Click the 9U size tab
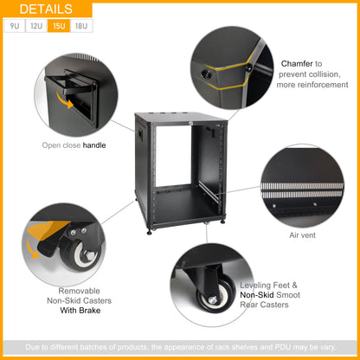pos(15,26)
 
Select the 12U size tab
pos(36,26)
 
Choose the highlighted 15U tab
pos(59,26)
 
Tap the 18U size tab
pos(81,26)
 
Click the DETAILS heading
pos(46,10)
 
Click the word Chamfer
pos(297,63)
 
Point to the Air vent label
pos(302,235)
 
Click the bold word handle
pos(94,145)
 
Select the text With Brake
pos(80,311)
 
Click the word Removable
pos(79,291)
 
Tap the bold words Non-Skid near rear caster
pos(257,295)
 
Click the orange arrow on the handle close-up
pos(65,100)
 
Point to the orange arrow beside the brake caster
pos(32,249)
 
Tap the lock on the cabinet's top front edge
pos(190,124)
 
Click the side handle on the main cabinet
pos(140,132)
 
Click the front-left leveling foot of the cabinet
pos(149,231)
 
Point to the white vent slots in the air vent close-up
pos(302,190)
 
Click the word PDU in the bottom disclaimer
pos(282,347)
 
